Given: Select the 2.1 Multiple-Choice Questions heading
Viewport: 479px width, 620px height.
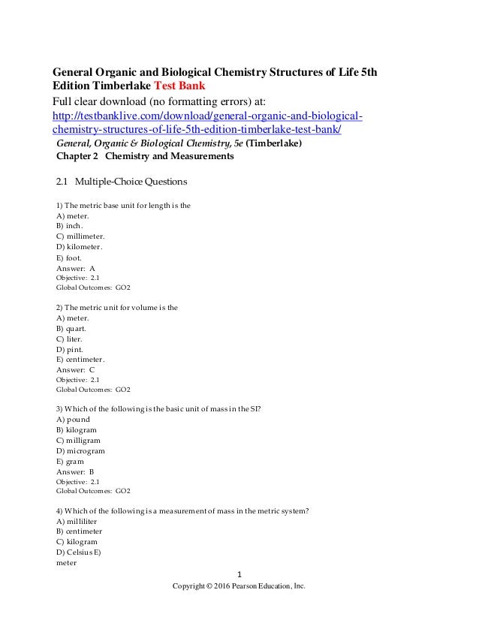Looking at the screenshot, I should (122, 182).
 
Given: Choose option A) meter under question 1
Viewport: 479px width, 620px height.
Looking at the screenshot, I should (73, 215).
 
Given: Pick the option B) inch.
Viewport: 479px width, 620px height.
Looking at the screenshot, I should (69, 225).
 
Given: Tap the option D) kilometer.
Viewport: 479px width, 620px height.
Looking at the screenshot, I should (79, 246).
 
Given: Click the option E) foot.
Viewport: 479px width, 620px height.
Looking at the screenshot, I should (69, 257).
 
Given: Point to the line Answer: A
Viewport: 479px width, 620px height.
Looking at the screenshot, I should (76, 267).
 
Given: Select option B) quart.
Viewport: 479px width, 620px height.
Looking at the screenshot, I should (71, 328).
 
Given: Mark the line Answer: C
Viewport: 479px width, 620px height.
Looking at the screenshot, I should (76, 369).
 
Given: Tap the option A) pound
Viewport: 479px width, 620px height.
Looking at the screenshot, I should (73, 420).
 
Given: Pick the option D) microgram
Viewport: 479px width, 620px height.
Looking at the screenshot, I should (80, 450).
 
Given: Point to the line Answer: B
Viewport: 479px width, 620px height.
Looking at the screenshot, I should (75, 471).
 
